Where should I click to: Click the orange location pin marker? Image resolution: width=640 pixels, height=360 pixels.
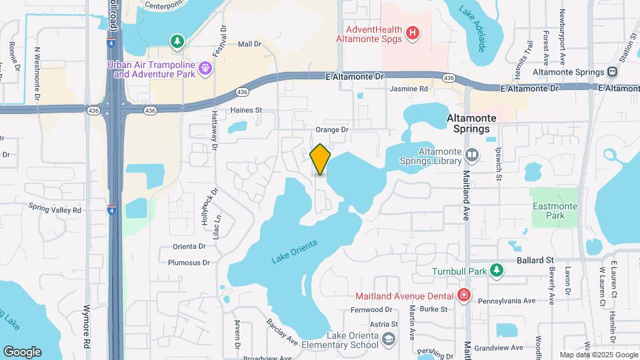[321, 159]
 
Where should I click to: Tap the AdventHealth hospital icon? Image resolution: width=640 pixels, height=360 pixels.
[413, 31]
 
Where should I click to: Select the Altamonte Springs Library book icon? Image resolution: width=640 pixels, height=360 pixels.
[472, 155]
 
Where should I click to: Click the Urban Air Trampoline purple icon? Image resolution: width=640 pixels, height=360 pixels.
[205, 67]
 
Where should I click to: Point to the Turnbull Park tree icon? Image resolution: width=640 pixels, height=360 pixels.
[495, 270]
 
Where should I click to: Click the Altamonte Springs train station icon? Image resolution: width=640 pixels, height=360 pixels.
[612, 72]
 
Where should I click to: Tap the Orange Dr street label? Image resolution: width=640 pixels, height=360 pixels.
[332, 130]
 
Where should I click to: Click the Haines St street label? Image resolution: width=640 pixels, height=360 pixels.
[247, 110]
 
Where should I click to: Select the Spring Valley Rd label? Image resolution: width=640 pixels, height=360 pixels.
[55, 210]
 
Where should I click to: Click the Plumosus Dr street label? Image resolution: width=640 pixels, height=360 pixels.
[189, 263]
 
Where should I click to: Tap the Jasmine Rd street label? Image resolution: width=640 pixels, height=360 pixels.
[409, 89]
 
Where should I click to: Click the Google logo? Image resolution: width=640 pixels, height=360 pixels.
[22, 352]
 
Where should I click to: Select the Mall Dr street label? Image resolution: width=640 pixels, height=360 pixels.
[249, 44]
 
